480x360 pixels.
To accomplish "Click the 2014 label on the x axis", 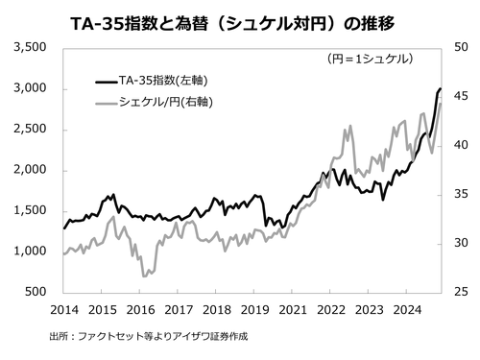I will click(63, 309).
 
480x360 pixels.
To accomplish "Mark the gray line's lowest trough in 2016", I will click(144, 276).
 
